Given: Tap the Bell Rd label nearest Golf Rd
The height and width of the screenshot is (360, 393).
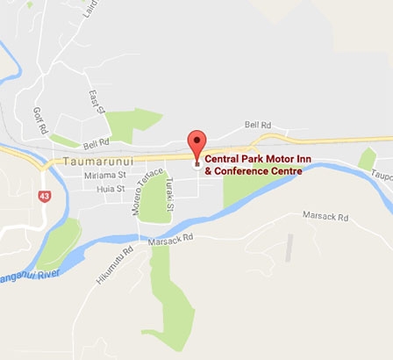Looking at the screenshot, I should (x=96, y=142).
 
